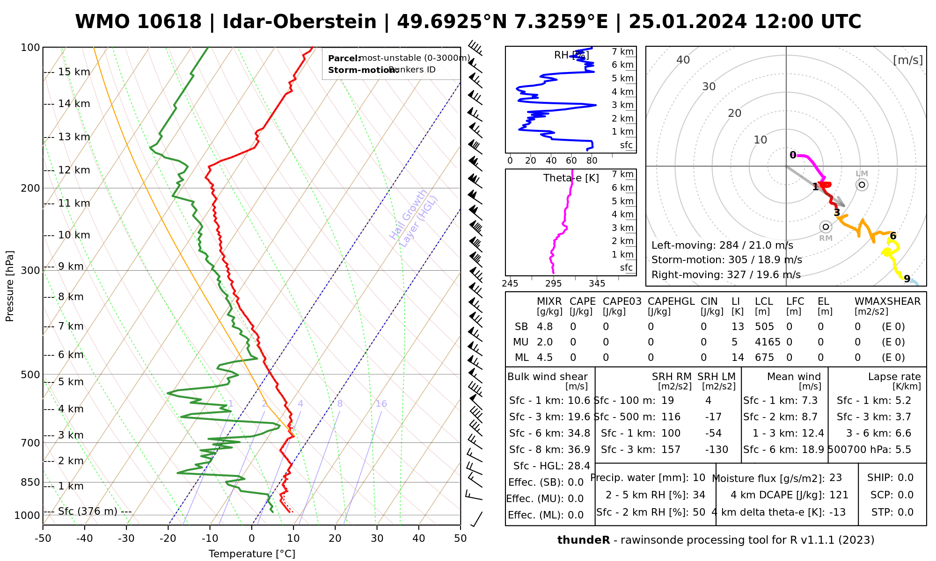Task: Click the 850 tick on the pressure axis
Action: (30, 482)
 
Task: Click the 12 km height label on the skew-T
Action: (74, 170)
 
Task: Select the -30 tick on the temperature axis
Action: (126, 539)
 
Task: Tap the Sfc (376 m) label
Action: (88, 511)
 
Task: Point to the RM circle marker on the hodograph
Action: (826, 227)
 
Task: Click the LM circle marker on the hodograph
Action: (862, 185)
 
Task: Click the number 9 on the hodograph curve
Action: (907, 279)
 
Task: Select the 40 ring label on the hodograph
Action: (683, 60)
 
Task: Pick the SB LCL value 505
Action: (764, 327)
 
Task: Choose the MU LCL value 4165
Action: (768, 342)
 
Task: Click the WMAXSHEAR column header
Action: (887, 302)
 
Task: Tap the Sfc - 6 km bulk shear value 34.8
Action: (578, 433)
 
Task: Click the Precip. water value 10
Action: (699, 478)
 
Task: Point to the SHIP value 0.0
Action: (905, 478)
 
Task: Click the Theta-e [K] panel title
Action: (571, 178)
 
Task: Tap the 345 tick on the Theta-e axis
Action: (597, 284)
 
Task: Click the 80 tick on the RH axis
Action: (592, 161)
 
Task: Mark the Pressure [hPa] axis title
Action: (10, 286)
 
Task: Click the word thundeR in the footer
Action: (583, 540)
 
